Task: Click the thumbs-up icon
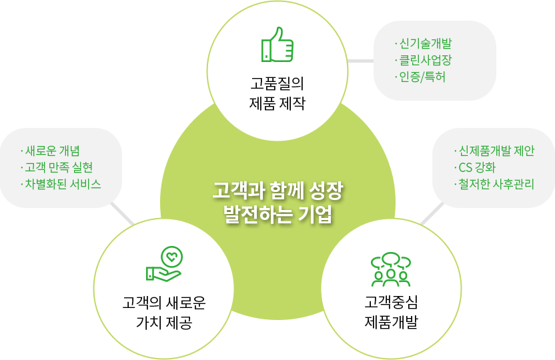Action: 277,45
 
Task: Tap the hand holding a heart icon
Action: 165,264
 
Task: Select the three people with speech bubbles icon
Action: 391,269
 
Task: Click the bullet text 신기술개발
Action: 426,43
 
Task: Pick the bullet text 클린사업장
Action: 426,60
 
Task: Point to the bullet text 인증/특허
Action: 422,77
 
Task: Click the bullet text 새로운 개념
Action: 53,151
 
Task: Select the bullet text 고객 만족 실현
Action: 59,167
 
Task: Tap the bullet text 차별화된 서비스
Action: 63,184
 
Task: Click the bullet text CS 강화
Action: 477,167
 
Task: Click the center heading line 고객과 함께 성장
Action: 278,191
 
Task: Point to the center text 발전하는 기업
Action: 278,214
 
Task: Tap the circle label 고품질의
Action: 277,83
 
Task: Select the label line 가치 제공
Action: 164,323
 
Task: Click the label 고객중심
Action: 391,302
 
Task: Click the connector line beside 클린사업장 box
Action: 361,61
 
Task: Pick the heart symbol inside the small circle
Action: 172,257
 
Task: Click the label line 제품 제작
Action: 277,103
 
